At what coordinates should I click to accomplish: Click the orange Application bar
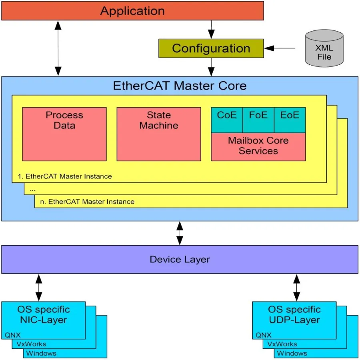pos(132,11)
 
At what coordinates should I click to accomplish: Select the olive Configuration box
pos(211,48)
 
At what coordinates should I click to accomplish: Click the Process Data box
pos(64,134)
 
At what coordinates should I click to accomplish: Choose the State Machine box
pos(159,134)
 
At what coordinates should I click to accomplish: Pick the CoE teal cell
pos(227,120)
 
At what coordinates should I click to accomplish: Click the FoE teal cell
pos(258,120)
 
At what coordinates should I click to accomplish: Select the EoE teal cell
pos(290,120)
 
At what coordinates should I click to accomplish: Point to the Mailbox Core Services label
pos(258,146)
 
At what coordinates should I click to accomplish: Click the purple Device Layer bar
pos(180,259)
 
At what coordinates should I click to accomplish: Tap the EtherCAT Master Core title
pos(180,86)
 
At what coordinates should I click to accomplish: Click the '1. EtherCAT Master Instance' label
pos(65,176)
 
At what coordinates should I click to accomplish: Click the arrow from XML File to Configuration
pos(280,48)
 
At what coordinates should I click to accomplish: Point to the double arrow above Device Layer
pos(180,233)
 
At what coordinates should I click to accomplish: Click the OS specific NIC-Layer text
pos(43,314)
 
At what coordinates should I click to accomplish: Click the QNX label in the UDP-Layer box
pos(264,335)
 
